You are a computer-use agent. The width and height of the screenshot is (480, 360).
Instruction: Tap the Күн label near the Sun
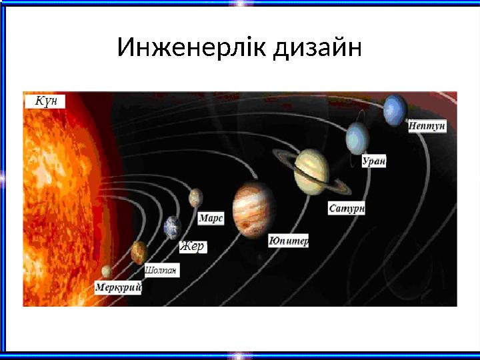click(x=46, y=101)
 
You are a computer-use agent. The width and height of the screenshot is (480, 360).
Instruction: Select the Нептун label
click(x=427, y=127)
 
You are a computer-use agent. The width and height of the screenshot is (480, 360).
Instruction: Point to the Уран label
click(x=375, y=162)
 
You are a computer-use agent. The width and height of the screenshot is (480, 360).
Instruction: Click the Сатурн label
click(x=347, y=209)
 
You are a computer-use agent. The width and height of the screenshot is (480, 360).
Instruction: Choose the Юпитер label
click(x=288, y=241)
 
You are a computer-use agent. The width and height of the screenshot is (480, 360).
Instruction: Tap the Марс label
click(x=211, y=219)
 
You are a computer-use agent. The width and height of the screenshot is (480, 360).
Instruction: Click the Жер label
click(x=193, y=247)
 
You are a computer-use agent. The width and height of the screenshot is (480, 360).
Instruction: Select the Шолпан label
click(x=161, y=271)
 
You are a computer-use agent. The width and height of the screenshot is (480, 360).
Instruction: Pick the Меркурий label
click(x=118, y=287)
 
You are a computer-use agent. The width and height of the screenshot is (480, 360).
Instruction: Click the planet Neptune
click(x=395, y=109)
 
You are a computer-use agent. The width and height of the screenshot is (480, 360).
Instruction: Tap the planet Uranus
click(x=357, y=139)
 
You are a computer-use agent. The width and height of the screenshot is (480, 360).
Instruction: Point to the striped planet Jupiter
click(x=254, y=209)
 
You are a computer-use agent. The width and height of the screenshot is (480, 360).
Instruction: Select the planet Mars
click(x=195, y=197)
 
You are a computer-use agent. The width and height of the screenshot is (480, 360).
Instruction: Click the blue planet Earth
click(x=173, y=227)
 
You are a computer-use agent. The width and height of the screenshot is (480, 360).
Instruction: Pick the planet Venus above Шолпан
click(x=139, y=251)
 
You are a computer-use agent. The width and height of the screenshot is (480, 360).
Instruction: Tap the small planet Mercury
click(x=107, y=271)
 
